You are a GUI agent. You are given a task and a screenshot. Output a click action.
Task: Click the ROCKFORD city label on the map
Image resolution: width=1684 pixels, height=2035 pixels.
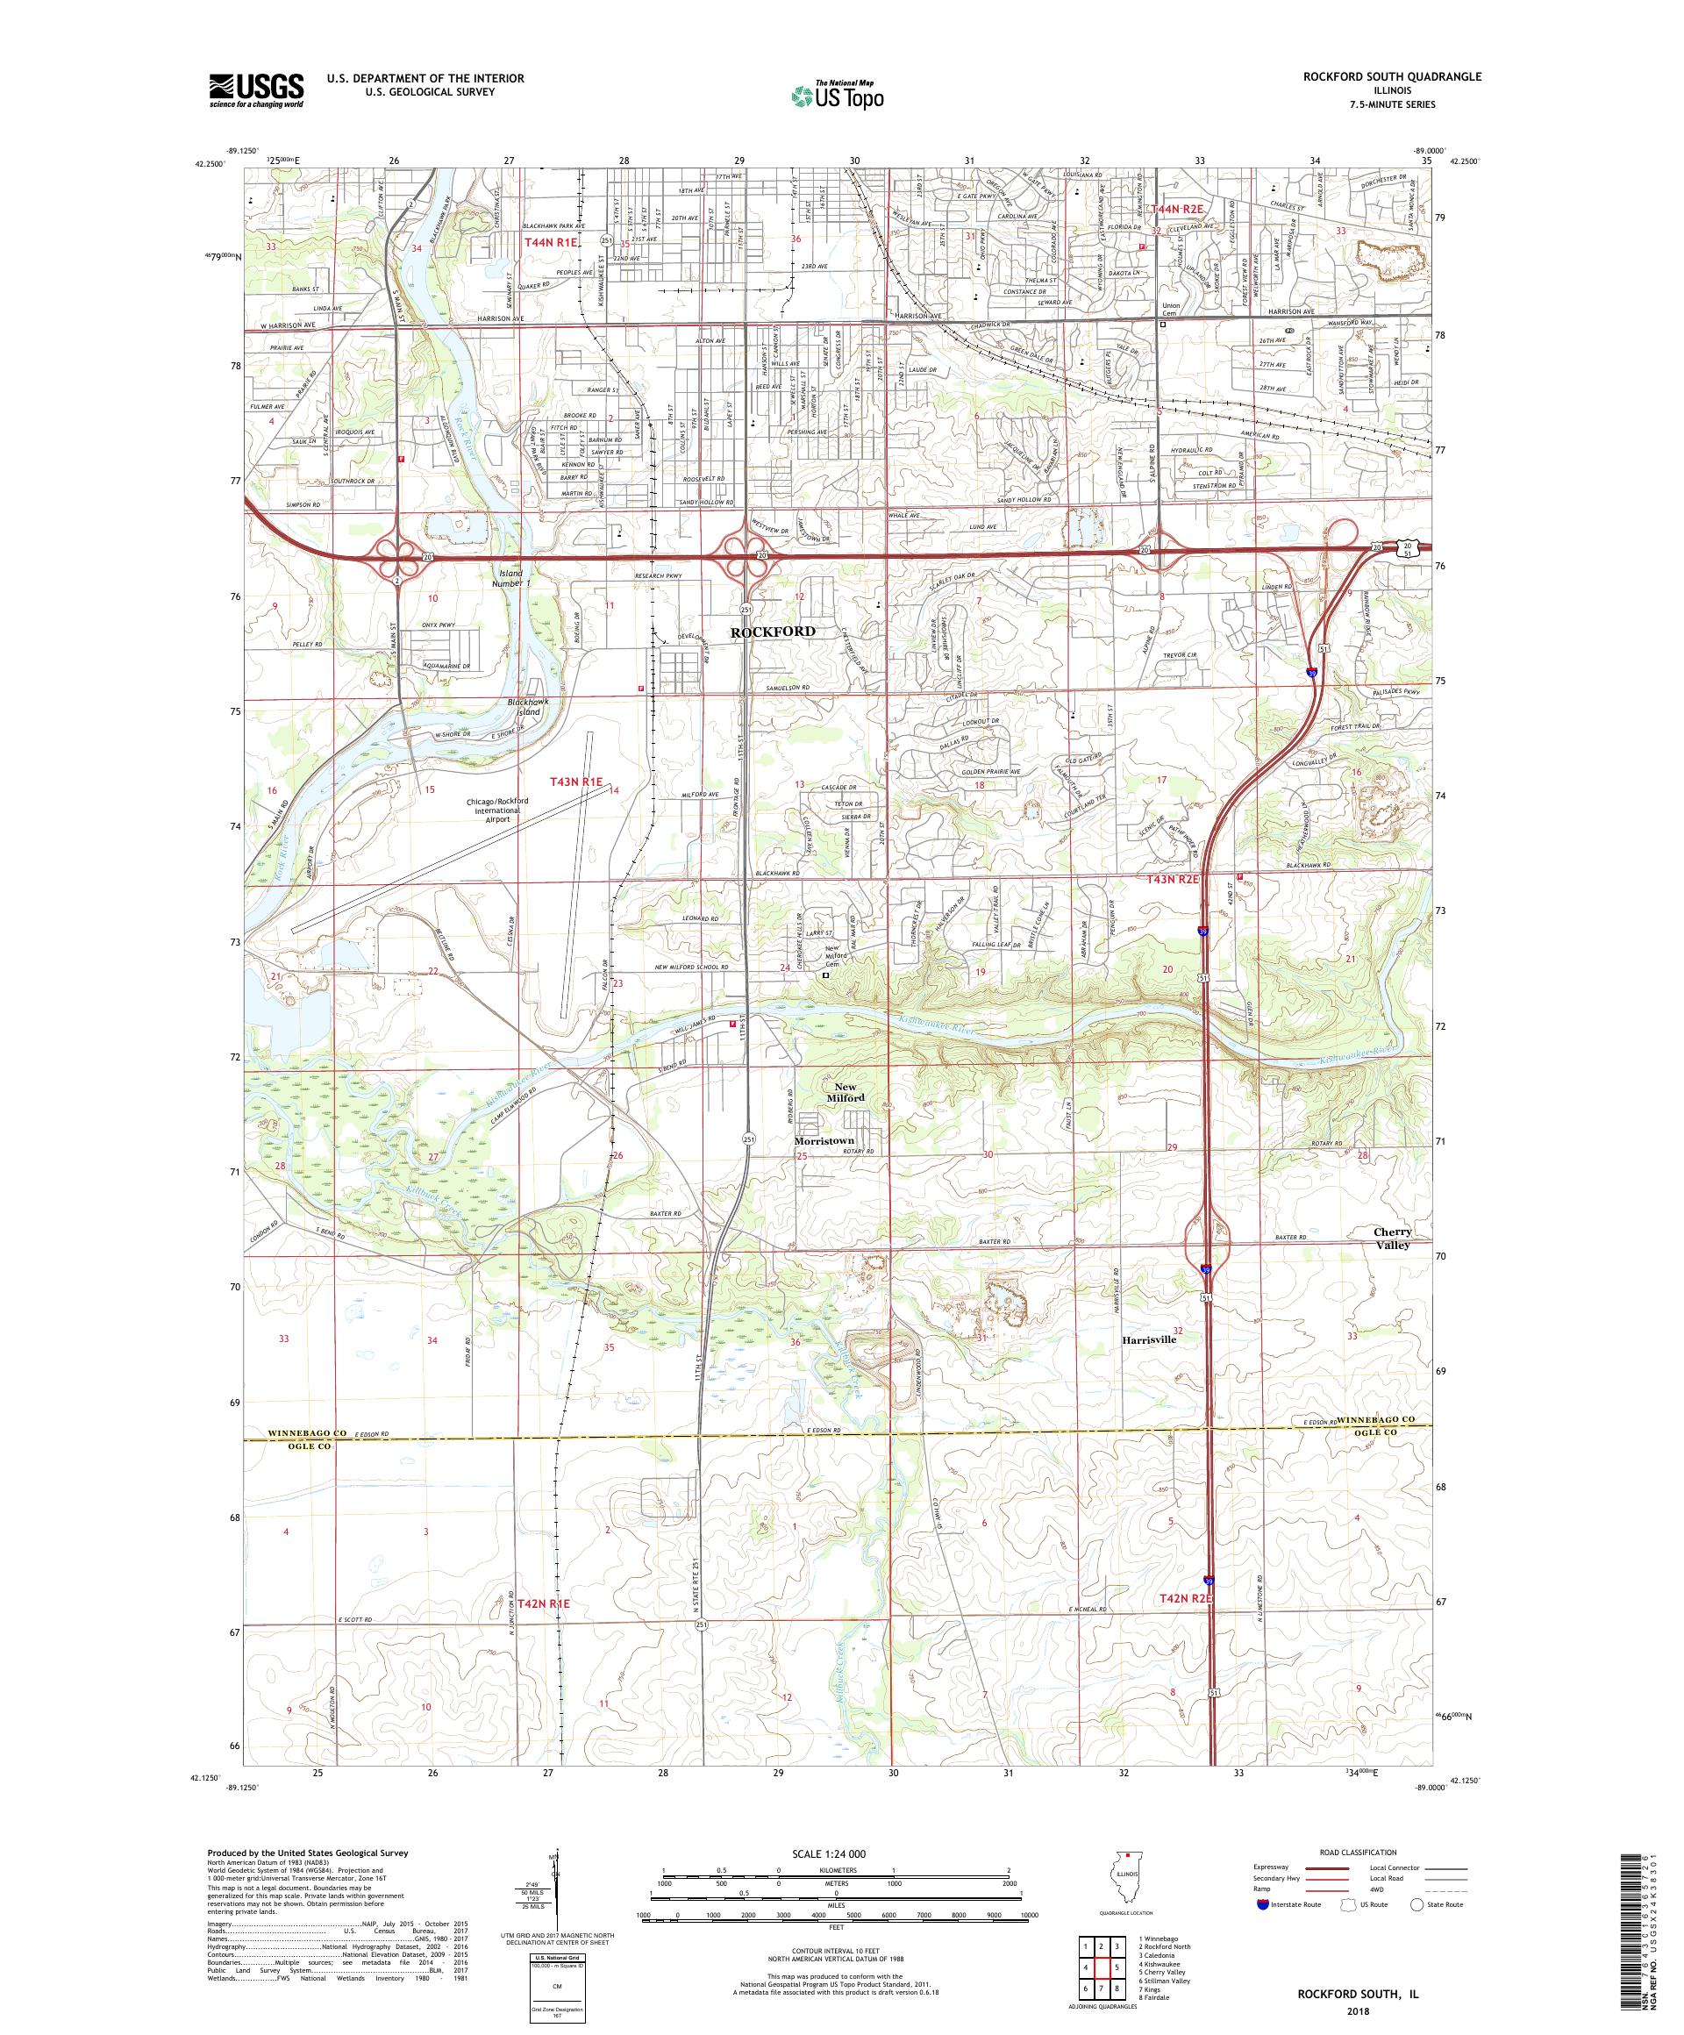[x=772, y=631]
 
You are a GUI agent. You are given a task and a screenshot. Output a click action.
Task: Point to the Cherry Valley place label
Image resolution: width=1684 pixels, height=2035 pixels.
[x=1391, y=1239]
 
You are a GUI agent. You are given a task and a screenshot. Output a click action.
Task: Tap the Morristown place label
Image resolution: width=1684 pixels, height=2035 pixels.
[x=824, y=1140]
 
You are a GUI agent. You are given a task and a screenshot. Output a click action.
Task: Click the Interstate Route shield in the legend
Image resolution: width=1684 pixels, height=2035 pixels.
[x=1261, y=1904]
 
